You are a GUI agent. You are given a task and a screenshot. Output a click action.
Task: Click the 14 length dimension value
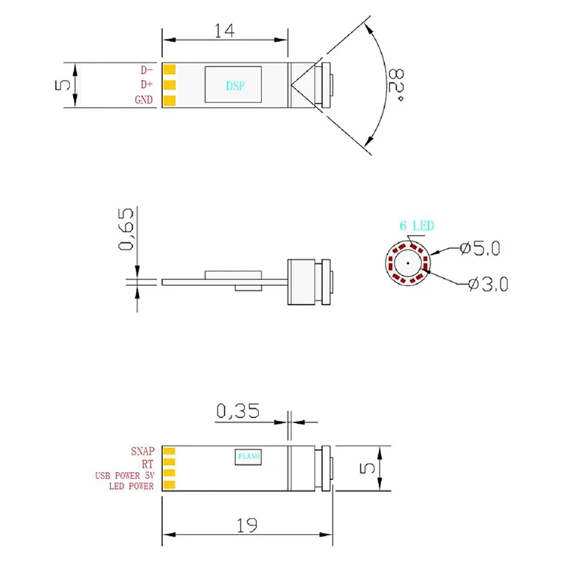click(x=224, y=31)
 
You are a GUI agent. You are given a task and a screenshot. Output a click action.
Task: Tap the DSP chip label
click(x=235, y=85)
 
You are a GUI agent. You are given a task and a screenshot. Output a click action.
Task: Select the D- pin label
click(x=147, y=70)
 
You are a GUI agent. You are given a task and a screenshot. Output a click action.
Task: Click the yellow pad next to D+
click(x=169, y=85)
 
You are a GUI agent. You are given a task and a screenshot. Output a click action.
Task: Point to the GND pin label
click(x=144, y=100)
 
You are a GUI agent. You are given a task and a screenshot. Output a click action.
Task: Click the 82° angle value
click(x=396, y=85)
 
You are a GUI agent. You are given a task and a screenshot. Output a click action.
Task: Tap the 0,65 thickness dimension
click(x=126, y=229)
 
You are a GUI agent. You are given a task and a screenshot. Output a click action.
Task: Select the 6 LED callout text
click(x=417, y=226)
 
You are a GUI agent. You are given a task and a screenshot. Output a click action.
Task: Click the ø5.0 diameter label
click(x=480, y=248)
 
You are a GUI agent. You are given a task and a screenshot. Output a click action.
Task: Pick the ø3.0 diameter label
click(x=488, y=285)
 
